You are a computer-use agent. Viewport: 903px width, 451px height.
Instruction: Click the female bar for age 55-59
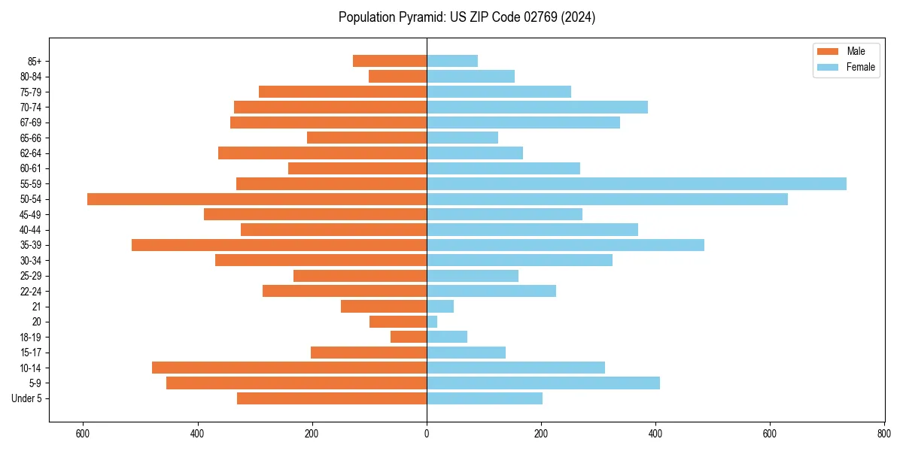click(636, 183)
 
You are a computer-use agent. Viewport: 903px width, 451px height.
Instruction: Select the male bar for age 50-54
click(257, 199)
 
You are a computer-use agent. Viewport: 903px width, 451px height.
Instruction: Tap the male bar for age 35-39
click(279, 245)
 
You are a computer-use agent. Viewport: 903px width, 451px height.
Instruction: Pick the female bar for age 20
click(432, 322)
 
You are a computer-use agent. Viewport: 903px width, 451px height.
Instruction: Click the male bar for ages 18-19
click(409, 337)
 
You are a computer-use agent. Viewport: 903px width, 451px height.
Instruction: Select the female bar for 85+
click(452, 61)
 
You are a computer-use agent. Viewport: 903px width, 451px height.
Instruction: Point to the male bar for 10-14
click(289, 368)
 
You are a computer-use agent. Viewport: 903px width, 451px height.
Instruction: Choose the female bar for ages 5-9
click(543, 383)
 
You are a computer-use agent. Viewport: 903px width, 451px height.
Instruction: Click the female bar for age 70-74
click(537, 107)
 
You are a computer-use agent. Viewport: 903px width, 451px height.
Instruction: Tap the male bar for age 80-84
click(397, 76)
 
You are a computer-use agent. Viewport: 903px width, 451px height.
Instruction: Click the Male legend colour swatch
click(828, 51)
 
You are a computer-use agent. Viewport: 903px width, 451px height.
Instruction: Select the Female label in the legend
click(861, 67)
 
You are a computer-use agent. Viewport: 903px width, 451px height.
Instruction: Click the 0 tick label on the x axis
click(427, 434)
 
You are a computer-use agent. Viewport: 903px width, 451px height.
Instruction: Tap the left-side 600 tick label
click(83, 434)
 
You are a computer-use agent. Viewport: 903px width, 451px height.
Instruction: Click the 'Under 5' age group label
click(27, 398)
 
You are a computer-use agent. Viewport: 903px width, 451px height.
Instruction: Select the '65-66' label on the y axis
click(31, 138)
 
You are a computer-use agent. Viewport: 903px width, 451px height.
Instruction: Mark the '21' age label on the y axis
click(37, 307)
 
